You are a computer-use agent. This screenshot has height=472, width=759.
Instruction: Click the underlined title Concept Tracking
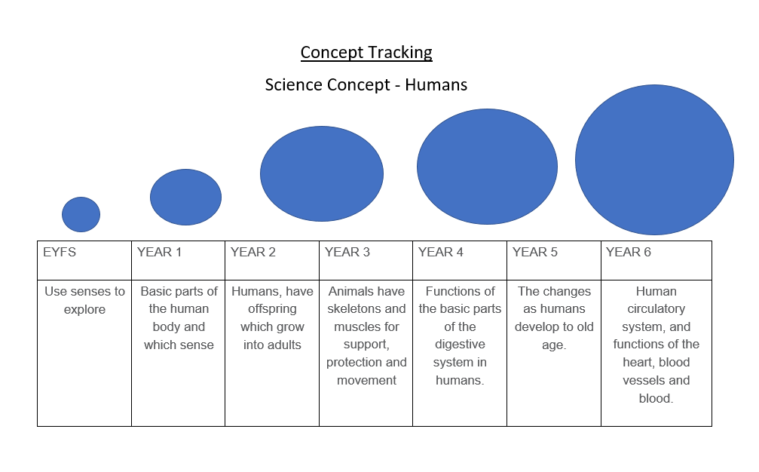366,52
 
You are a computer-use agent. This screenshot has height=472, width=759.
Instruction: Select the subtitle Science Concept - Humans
366,84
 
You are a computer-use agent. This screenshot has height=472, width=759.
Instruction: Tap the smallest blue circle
81,214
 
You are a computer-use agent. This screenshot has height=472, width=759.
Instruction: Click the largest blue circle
654,160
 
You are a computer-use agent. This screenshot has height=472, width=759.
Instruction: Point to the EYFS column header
84,260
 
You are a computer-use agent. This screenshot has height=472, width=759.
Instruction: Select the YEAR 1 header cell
178,260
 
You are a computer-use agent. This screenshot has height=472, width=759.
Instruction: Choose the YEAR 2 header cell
272,260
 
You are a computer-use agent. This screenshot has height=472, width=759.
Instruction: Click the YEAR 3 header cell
366,260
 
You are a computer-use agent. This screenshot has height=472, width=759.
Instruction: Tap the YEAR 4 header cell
460,260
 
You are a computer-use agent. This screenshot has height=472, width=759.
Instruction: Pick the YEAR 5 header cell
554,260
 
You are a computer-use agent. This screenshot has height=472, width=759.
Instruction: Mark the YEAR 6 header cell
656,260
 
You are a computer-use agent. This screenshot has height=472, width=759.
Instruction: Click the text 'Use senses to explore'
84,300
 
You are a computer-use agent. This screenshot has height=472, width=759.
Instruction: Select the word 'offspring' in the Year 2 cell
272,309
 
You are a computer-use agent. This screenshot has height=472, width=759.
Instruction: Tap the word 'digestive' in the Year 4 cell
460,344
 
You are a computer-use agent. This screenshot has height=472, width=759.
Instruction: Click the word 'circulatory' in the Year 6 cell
656,309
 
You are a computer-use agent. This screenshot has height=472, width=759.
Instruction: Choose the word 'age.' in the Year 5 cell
554,345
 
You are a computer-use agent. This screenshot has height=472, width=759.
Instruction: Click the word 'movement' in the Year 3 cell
366,381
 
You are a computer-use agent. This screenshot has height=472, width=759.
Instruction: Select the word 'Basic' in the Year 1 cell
155,292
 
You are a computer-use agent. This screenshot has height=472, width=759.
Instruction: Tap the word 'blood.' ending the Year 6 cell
656,398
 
